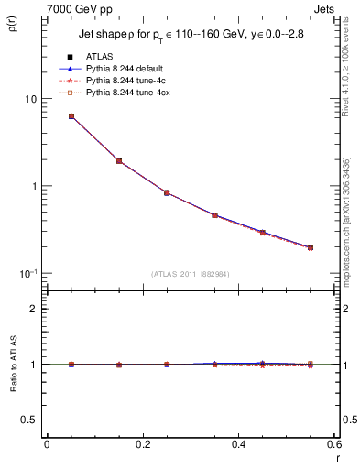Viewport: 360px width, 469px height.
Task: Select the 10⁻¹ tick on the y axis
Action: pos(27,273)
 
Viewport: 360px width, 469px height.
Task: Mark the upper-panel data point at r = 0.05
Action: pos(71,116)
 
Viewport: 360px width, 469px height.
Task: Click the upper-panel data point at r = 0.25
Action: pos(167,192)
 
